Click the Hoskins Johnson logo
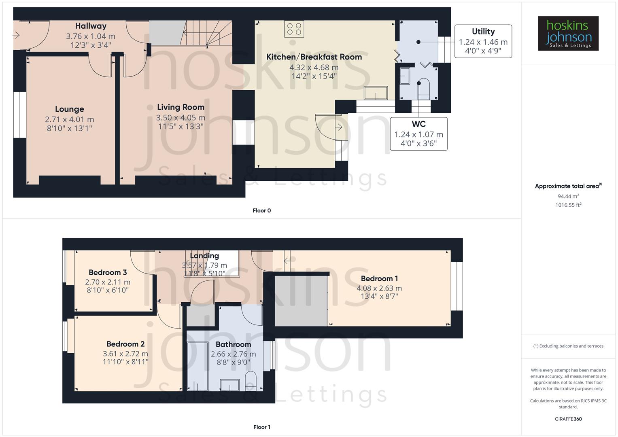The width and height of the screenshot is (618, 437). (x=568, y=33)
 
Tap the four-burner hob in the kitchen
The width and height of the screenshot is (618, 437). (x=294, y=29)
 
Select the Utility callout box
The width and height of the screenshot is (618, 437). (x=483, y=41)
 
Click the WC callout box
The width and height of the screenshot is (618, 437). (x=418, y=134)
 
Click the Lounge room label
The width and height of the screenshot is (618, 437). (x=70, y=109)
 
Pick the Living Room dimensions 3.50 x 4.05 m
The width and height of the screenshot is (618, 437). (x=181, y=118)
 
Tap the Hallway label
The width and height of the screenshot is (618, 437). (x=91, y=26)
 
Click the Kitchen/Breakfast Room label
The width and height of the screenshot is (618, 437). (x=314, y=57)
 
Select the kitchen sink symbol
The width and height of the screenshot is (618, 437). (x=376, y=93)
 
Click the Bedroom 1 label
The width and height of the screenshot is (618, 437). (x=379, y=278)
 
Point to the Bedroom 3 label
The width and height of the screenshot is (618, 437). (x=108, y=272)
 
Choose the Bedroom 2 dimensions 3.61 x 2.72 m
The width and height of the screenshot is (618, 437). (x=125, y=354)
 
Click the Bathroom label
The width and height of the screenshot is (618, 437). (x=233, y=344)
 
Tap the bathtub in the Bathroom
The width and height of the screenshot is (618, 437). (x=198, y=366)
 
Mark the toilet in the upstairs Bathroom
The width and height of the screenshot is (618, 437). (x=251, y=381)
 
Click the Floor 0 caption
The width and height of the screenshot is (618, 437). (x=262, y=210)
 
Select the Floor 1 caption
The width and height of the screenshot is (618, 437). (x=262, y=427)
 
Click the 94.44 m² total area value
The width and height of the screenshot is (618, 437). (x=568, y=196)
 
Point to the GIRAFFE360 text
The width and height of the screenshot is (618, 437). (x=568, y=419)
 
